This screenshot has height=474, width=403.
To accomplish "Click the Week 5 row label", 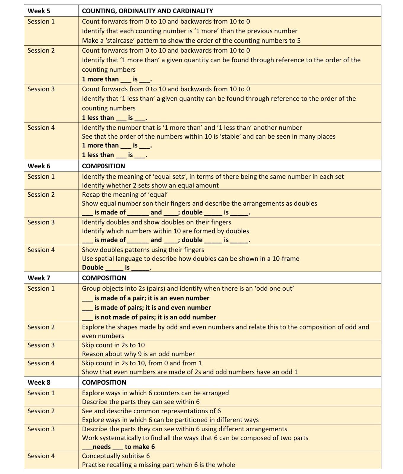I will [x=39, y=11].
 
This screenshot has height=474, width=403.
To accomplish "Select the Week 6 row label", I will [x=39, y=166].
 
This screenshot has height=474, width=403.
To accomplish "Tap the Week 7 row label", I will [x=39, y=278].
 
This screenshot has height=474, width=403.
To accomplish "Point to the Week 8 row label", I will [x=39, y=382].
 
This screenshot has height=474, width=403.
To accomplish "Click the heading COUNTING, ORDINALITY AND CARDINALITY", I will [x=147, y=11].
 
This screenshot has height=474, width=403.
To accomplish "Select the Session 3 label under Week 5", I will [x=41, y=89].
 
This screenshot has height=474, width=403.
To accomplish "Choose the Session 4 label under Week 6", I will [x=41, y=250].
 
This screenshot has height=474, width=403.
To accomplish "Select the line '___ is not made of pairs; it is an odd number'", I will [x=149, y=317].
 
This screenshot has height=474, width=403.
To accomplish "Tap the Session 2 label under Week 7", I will [x=41, y=327].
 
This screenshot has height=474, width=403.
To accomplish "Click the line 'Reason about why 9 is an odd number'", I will [x=138, y=354].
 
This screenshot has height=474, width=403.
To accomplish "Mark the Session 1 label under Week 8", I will [x=41, y=393].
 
